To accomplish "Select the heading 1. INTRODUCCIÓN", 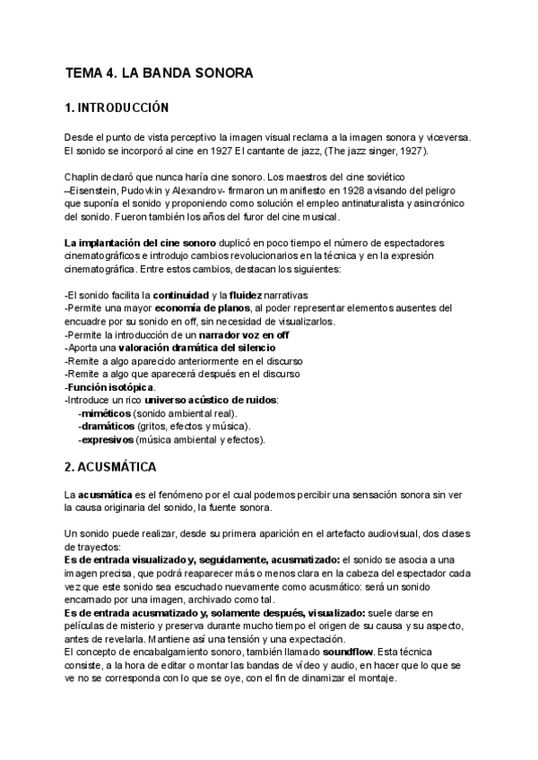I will point(117,108).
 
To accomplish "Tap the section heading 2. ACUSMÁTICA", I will point(111,467).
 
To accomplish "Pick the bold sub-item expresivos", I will point(107,440).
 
